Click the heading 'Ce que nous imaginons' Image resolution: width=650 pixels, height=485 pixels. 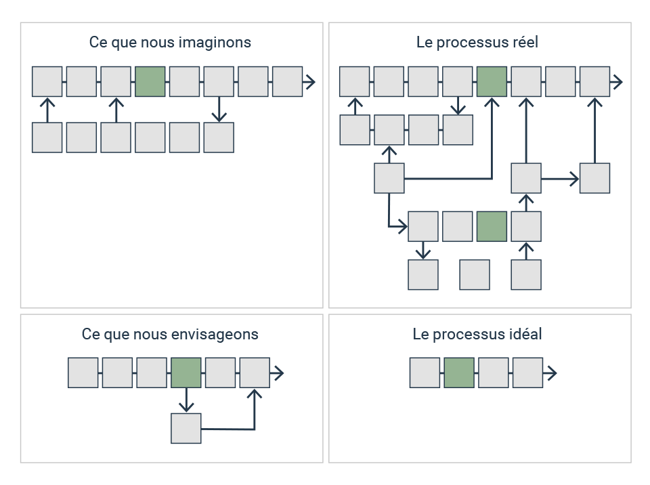170,43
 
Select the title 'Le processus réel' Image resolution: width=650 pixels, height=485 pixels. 477,42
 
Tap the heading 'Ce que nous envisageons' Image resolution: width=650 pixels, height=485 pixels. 170,335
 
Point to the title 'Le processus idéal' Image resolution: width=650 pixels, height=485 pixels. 477,334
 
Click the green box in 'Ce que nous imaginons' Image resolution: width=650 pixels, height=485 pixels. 150,82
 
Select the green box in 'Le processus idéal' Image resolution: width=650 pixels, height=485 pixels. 459,373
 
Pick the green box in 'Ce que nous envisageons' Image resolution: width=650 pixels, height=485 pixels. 186,373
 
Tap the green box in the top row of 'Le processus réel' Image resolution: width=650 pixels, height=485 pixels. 492,81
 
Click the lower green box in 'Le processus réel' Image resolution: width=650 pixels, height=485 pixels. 492,226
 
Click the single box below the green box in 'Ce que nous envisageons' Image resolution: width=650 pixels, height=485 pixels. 186,428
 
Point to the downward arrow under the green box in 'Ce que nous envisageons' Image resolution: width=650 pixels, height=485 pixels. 186,400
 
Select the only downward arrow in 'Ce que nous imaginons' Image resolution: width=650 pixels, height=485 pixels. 219,109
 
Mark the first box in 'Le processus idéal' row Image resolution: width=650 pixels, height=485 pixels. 425,373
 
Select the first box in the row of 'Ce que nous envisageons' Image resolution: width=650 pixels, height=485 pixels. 83,373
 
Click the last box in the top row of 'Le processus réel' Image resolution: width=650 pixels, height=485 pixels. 594,81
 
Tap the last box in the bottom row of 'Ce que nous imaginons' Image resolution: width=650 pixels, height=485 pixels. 219,138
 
